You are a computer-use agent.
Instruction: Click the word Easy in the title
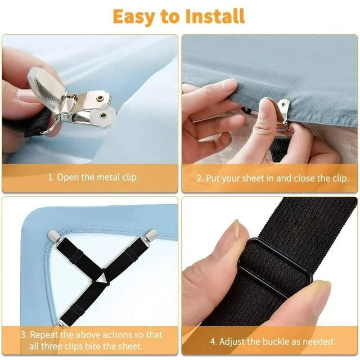pyautogui.click(x=135, y=16)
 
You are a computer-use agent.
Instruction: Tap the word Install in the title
pyautogui.click(x=212, y=16)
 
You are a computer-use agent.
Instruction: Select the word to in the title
pyautogui.click(x=169, y=17)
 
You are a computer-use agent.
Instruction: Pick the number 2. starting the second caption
pyautogui.click(x=200, y=178)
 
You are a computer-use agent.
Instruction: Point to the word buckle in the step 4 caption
pyautogui.click(x=281, y=341)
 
